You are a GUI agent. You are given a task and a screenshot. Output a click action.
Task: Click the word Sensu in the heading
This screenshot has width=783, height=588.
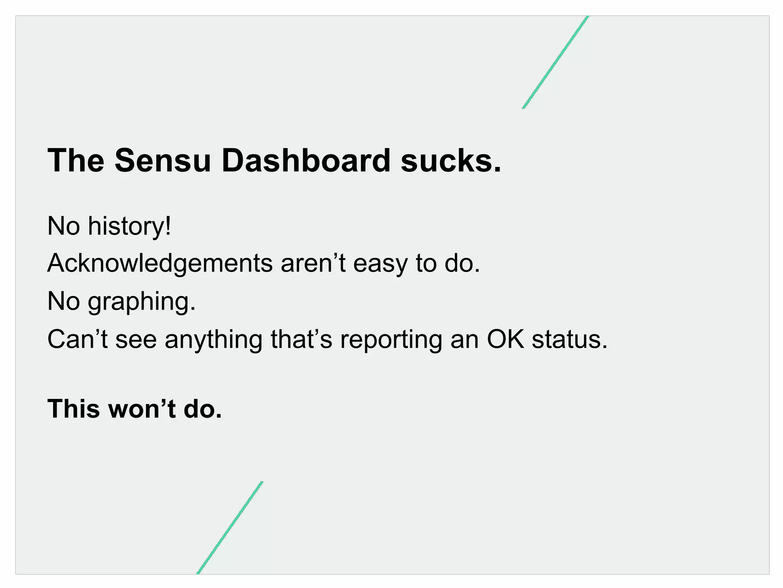coord(162,161)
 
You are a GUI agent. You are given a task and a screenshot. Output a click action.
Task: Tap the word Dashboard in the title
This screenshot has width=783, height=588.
coord(306,161)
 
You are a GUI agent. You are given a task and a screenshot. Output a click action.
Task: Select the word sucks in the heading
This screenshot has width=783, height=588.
coord(450,161)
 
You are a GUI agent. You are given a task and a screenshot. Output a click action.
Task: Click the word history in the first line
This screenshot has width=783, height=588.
coord(129,226)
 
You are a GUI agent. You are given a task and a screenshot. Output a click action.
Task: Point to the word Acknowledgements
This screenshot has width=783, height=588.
coord(160,263)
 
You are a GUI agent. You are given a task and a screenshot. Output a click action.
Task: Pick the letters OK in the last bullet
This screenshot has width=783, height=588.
coord(505,339)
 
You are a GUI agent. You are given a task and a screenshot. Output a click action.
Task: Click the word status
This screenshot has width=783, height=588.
coord(569,339)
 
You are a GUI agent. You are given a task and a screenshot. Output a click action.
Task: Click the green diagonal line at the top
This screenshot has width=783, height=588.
coord(555,62)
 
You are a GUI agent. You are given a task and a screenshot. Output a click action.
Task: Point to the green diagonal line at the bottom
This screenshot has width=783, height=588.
coord(230,528)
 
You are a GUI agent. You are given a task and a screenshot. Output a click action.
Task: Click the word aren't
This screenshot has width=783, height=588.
coord(313,263)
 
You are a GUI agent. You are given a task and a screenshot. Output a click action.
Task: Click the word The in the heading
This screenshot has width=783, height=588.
coord(76,161)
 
